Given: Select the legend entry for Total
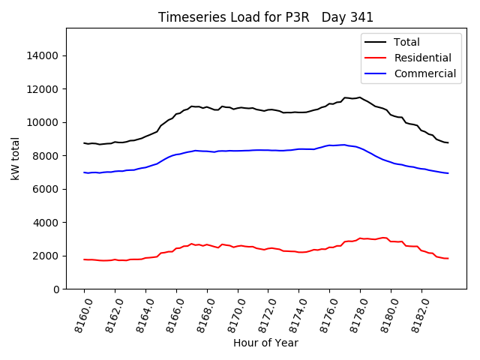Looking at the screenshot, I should pyautogui.click(x=406, y=42).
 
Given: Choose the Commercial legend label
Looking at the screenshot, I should pyautogui.click(x=424, y=73).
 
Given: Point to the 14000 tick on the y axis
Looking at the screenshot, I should pyautogui.click(x=45, y=56).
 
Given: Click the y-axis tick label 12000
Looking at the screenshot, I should pyautogui.click(x=45, y=89).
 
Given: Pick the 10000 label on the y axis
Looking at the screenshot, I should pyautogui.click(x=45, y=123).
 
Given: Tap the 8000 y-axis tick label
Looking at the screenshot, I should pyautogui.click(x=48, y=156).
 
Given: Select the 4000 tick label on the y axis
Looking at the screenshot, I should pyautogui.click(x=48, y=223).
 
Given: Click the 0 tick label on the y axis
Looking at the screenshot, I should pyautogui.click(x=57, y=289).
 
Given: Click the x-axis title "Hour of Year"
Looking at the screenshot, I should pyautogui.click(x=265, y=343).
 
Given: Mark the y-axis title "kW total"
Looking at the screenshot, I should pyautogui.click(x=15, y=158).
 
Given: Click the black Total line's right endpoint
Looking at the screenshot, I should pyautogui.click(x=448, y=142).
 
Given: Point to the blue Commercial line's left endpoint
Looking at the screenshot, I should pyautogui.click(x=84, y=172).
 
